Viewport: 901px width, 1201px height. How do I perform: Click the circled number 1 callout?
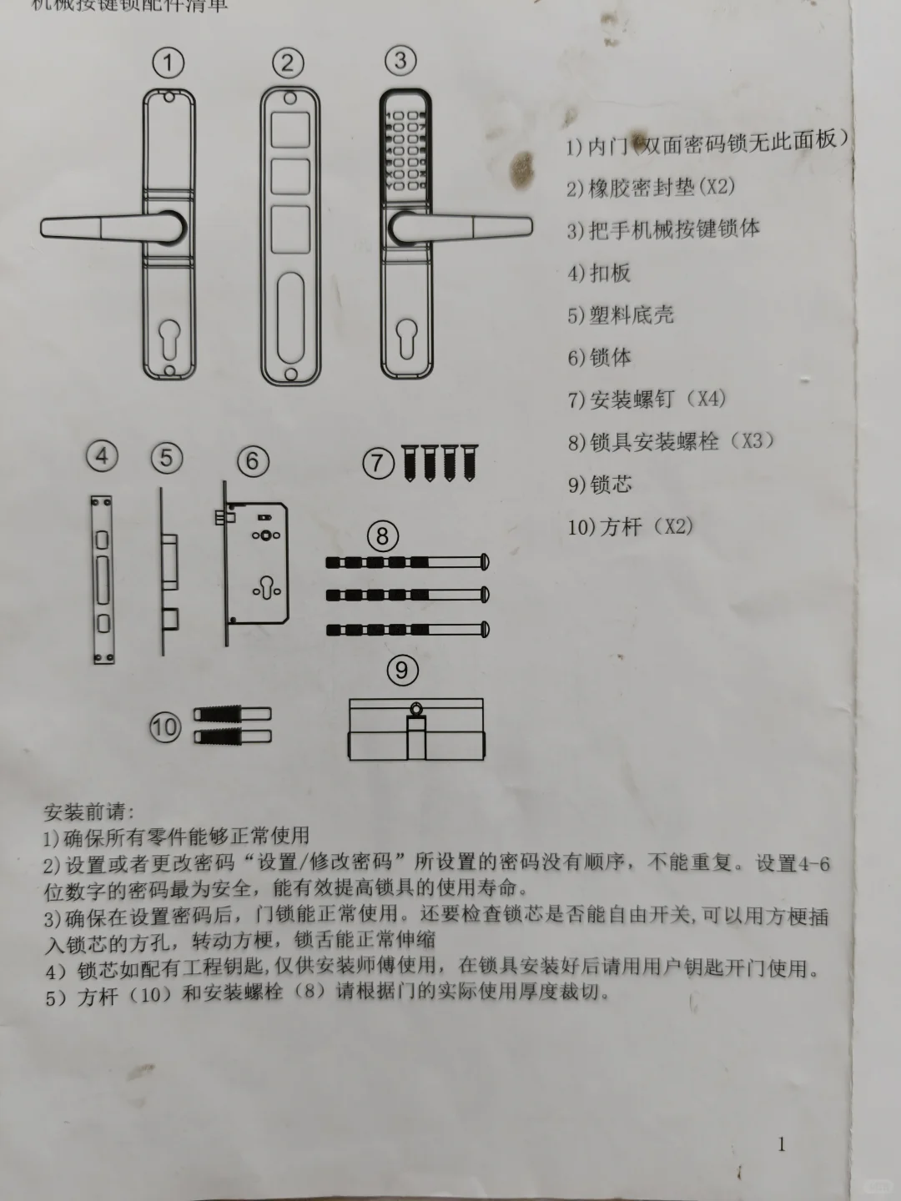[x=169, y=63]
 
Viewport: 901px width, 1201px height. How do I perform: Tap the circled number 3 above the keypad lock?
[x=400, y=60]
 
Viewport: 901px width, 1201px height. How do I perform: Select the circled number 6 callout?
[x=253, y=460]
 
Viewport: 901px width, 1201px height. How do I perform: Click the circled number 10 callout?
[x=165, y=726]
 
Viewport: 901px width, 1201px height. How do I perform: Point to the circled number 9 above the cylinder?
[x=402, y=670]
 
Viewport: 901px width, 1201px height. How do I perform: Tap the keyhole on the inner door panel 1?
[x=169, y=340]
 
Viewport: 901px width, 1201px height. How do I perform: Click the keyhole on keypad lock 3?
[x=406, y=338]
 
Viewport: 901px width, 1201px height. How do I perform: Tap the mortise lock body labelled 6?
[x=257, y=563]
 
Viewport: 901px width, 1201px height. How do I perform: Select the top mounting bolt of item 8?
[x=406, y=563]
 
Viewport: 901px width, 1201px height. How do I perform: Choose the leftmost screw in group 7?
[x=410, y=462]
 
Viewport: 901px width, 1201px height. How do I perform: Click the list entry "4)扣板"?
[x=599, y=273]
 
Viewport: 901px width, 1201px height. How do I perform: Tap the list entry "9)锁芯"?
[x=600, y=484]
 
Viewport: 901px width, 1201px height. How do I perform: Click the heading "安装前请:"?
[x=88, y=812]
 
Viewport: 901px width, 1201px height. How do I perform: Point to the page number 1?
[x=781, y=1144]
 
